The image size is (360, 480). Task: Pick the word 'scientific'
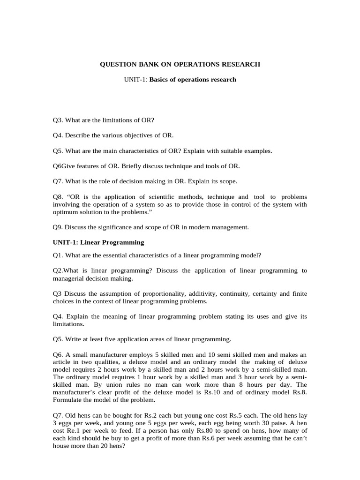pos(169,197)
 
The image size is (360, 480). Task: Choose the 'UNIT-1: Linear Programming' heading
pos(98,242)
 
